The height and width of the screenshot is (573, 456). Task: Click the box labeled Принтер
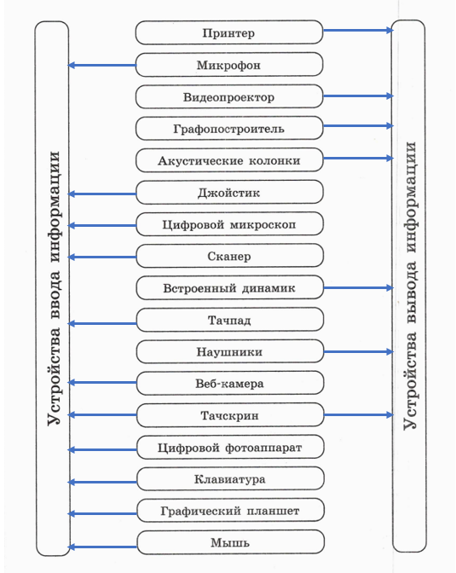click(x=229, y=32)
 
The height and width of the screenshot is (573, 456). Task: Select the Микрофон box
click(x=229, y=65)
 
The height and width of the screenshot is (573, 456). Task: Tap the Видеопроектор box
click(x=229, y=97)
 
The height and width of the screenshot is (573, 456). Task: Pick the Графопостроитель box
click(x=229, y=129)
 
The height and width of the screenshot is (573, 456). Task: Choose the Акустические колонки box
click(x=229, y=160)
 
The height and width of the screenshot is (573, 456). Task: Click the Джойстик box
click(x=229, y=192)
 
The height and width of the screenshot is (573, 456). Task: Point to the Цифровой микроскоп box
click(x=229, y=224)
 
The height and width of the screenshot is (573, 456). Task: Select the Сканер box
click(x=229, y=256)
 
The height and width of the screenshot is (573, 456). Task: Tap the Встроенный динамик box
click(x=230, y=288)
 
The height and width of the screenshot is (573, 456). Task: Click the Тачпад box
click(x=230, y=320)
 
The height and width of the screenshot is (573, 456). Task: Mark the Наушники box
click(x=230, y=351)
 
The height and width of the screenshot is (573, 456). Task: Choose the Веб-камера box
click(x=230, y=384)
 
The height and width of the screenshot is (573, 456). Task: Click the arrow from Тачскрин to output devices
click(x=359, y=414)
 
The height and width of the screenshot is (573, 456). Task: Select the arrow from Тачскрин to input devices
click(x=102, y=414)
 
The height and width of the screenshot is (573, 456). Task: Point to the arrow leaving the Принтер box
click(x=358, y=31)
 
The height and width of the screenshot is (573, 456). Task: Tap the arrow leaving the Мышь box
click(x=102, y=547)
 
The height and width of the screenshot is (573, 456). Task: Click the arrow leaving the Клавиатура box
click(x=102, y=483)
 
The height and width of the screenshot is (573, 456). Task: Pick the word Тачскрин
click(x=230, y=415)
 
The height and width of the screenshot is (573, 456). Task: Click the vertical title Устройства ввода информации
click(x=54, y=288)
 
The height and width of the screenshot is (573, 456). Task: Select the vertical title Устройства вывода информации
click(x=410, y=286)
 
